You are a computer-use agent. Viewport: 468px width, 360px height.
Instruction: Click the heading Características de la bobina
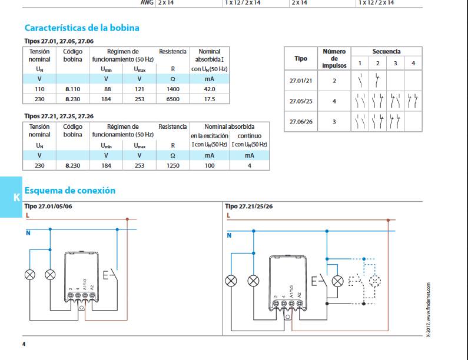point(82,28)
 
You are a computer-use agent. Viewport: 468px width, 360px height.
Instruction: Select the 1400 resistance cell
point(173,89)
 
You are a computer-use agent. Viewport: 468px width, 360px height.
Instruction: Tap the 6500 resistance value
point(173,99)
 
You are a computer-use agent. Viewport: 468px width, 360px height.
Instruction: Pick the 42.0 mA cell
point(210,89)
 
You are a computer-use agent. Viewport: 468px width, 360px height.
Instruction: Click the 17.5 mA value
point(210,99)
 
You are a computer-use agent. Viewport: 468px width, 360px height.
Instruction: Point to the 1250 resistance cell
point(173,165)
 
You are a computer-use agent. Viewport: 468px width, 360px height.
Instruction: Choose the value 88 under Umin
point(108,89)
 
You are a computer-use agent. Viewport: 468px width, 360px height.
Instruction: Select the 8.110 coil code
point(73,89)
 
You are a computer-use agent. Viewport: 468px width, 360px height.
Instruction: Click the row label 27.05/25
point(301,101)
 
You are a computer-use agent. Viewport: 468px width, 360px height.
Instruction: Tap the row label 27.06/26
point(301,122)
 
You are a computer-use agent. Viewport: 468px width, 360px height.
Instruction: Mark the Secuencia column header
point(386,51)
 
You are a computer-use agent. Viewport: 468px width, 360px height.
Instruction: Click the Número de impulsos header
point(334,58)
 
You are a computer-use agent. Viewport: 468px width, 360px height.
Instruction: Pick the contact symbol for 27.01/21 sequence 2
point(377,80)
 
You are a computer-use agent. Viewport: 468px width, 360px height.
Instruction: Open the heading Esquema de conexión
point(70,190)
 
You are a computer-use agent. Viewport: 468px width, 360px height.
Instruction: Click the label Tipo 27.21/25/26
point(248,206)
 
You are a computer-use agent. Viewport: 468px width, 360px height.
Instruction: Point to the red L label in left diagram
point(28,215)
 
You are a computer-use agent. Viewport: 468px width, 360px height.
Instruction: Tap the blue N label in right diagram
point(229,235)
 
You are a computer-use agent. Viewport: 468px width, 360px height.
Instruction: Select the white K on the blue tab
point(16,197)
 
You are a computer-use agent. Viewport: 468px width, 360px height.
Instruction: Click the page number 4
point(24,344)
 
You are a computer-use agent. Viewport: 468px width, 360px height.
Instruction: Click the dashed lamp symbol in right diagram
point(375,281)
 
